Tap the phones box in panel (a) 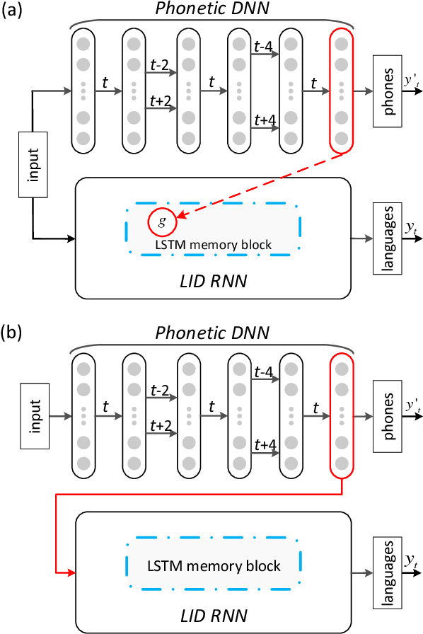click(389, 91)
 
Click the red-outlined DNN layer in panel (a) click(342, 91)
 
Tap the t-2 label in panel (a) click(159, 64)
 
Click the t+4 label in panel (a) click(265, 120)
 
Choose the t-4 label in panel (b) click(265, 371)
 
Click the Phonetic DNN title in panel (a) click(212, 10)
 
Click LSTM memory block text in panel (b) click(213, 565)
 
